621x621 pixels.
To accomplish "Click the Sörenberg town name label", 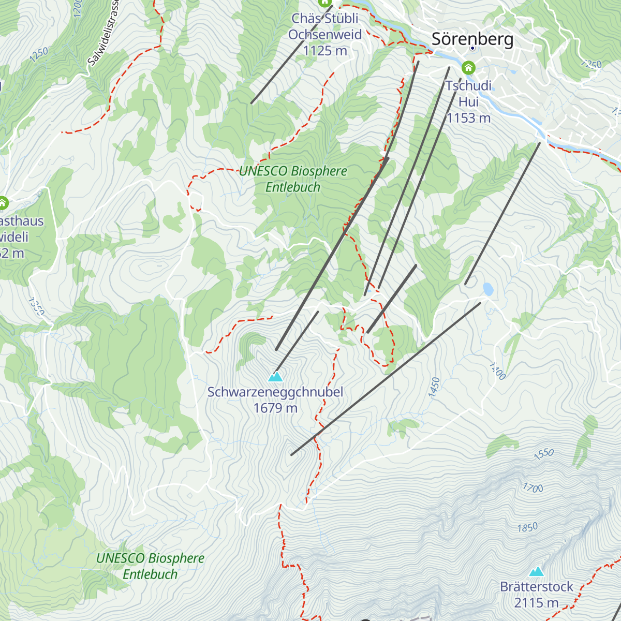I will tap(472, 39).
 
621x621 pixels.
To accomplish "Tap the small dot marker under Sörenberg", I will tap(472, 48).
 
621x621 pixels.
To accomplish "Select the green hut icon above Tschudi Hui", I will tap(468, 68).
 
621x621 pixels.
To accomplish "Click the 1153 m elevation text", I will tap(468, 118).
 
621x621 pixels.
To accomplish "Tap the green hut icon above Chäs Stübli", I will tap(325, 3).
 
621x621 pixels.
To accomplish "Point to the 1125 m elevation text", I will tap(325, 51).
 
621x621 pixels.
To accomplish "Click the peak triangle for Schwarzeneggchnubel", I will tap(275, 377).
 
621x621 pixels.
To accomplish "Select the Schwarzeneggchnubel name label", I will tap(275, 392).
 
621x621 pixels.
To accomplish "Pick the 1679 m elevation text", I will tap(275, 408).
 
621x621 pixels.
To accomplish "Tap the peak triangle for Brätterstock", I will tap(537, 572).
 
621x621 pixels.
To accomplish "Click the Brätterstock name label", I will tap(537, 587).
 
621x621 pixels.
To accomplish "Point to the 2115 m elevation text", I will tap(537, 603).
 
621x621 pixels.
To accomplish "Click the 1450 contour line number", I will tap(435, 388).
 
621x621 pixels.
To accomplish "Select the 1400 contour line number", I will tap(497, 371).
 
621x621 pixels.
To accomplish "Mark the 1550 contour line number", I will tap(544, 454).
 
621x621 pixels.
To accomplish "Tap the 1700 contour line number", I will tap(533, 488).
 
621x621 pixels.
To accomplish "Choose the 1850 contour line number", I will tap(527, 528).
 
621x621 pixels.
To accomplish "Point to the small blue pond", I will tap(487, 289).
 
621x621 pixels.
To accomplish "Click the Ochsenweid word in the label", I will tap(325, 35).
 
